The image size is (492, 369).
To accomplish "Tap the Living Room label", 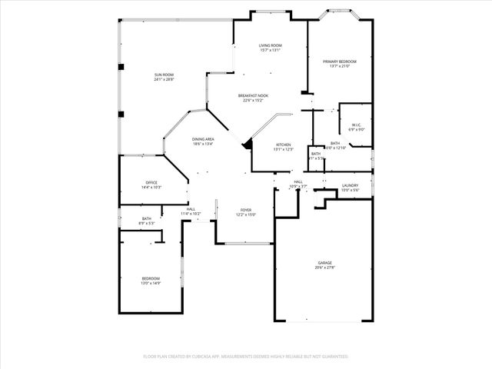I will point(270,46).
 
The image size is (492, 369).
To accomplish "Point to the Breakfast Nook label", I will point(252,95).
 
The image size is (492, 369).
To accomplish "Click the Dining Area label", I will point(203,139).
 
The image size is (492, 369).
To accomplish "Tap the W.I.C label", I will point(356,125).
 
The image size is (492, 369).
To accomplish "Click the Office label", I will point(151,182).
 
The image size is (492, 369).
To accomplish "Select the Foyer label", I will point(246,210).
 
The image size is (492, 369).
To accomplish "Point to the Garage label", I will point(325,263).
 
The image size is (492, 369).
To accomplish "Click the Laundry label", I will point(350,186).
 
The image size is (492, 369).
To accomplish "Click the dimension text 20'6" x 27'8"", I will point(325,268).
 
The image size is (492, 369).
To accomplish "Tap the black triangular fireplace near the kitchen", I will point(248,143).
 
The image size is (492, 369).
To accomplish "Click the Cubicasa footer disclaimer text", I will point(246,357).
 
